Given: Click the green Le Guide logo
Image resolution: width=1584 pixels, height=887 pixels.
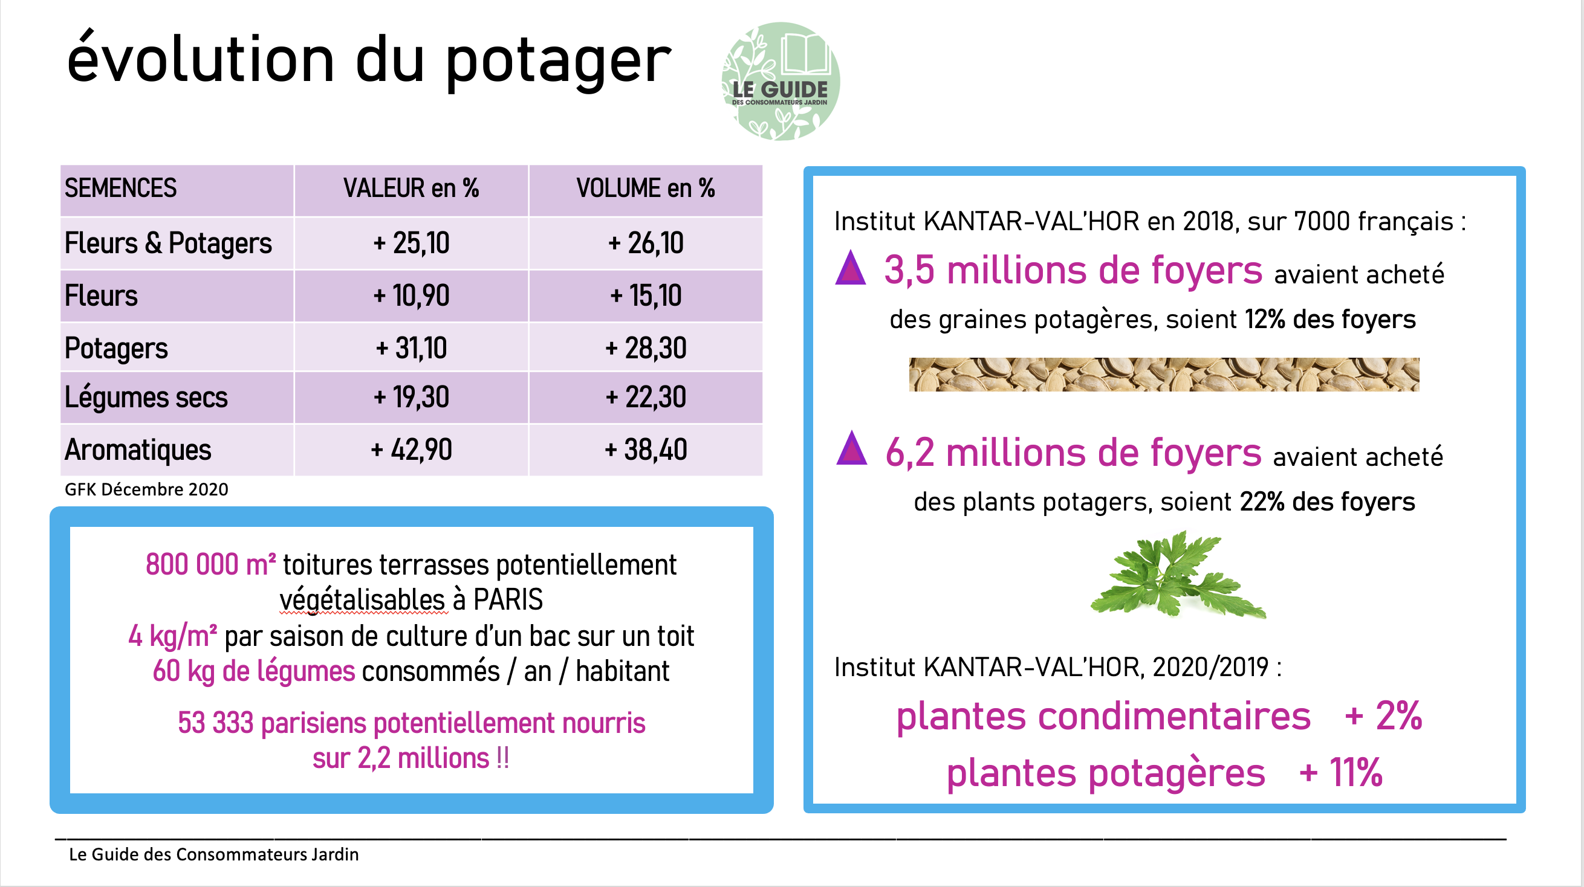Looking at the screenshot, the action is [781, 81].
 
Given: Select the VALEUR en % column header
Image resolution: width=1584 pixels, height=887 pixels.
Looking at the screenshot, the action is [411, 188].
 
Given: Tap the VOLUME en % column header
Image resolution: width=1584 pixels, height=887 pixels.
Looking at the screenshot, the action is [645, 188].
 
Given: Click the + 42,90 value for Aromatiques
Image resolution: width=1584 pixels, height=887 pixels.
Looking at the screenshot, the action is [411, 450].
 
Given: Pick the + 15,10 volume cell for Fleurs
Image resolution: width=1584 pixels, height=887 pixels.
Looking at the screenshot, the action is [646, 295].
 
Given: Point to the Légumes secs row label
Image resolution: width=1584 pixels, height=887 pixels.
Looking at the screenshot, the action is [146, 397].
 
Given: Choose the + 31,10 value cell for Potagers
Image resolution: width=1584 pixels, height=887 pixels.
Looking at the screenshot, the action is [411, 348].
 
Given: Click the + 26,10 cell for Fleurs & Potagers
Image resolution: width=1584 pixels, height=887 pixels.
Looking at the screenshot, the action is [646, 243].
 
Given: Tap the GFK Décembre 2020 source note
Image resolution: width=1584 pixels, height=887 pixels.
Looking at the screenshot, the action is [146, 489].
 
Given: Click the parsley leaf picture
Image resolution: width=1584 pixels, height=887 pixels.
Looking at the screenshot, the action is [1178, 575].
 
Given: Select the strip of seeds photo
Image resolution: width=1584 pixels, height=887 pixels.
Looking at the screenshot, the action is [1164, 375].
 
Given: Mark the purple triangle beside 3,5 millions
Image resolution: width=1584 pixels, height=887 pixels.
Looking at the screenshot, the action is [851, 268].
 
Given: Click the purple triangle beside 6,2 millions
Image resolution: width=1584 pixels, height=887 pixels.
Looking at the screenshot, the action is [852, 448].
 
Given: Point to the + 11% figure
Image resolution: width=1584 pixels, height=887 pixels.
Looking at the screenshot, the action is [1340, 772].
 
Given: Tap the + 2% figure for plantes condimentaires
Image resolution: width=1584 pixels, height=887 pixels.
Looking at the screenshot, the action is [1383, 716].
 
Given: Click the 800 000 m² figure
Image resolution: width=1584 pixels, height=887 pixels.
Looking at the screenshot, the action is [210, 564].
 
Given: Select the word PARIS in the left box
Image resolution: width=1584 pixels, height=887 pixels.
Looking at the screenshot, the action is [508, 599].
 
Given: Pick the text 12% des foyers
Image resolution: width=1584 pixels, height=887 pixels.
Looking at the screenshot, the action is [1330, 320].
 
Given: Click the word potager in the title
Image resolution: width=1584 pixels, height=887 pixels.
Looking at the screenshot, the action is [557, 62].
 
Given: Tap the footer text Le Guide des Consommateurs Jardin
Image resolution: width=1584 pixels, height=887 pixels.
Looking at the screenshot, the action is [213, 854].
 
